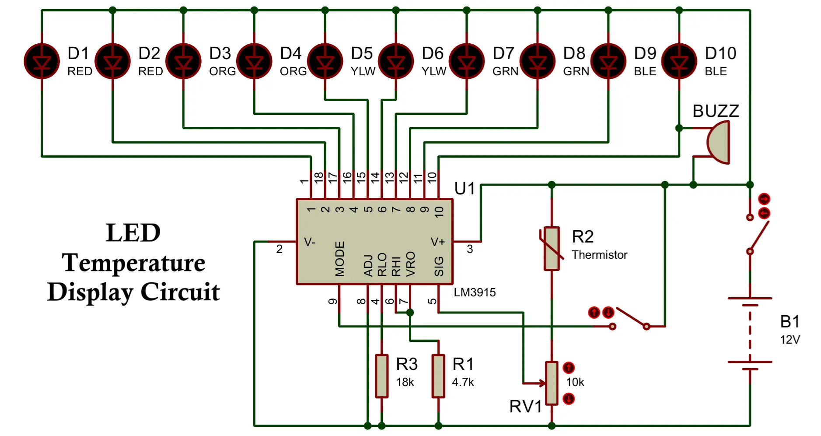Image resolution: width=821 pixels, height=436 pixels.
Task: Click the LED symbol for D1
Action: click(42, 61)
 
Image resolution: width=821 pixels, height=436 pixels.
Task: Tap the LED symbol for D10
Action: click(679, 61)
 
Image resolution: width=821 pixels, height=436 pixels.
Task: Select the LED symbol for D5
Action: click(325, 61)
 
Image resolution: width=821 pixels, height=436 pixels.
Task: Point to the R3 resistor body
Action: click(381, 376)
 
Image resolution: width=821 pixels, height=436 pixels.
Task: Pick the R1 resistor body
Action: click(438, 376)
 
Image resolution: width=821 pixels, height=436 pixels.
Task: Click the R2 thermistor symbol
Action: click(552, 248)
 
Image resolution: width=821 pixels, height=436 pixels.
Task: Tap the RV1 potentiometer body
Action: click(552, 383)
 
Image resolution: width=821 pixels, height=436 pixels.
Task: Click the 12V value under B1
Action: click(790, 340)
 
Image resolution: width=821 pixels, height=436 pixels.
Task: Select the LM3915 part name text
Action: click(475, 292)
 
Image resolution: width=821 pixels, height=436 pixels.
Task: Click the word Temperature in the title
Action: click(133, 263)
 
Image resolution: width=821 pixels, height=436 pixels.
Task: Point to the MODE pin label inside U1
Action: click(340, 259)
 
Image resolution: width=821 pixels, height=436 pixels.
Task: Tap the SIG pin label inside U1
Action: click(439, 266)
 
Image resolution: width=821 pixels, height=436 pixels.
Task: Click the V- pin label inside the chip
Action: click(310, 242)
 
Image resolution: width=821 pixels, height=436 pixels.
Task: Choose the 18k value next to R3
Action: click(405, 382)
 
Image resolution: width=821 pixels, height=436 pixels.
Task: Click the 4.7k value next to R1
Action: click(463, 382)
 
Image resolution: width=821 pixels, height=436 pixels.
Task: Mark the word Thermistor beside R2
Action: click(599, 255)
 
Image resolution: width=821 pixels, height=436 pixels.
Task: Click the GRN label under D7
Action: click(505, 71)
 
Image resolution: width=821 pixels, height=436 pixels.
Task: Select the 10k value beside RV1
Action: click(575, 382)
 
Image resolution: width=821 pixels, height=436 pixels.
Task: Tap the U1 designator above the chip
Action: click(465, 189)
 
